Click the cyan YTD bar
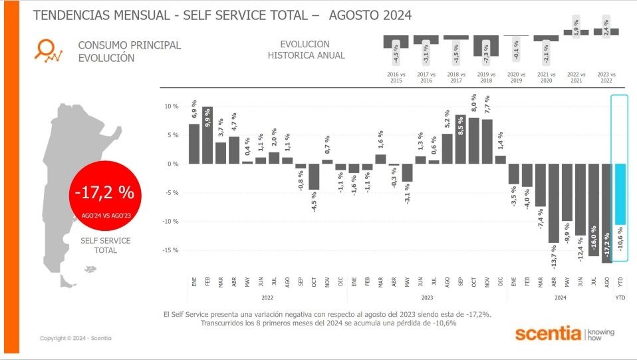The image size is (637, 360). pyautogui.click(x=619, y=194)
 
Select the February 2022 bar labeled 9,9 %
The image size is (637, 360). pyautogui.click(x=207, y=135)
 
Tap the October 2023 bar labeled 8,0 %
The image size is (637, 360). pyautogui.click(x=474, y=140)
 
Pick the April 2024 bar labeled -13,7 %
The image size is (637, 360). pyautogui.click(x=553, y=203)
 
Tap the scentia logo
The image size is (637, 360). pyautogui.click(x=548, y=333)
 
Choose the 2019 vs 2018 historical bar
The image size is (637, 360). pyautogui.click(x=486, y=46)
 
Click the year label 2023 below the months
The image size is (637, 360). pyautogui.click(x=427, y=297)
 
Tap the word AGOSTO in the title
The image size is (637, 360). pyautogui.click(x=354, y=15)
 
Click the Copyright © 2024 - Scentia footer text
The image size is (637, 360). pyautogui.click(x=75, y=338)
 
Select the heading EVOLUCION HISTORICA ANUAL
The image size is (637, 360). pyautogui.click(x=307, y=50)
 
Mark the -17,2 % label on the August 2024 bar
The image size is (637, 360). pyautogui.click(x=606, y=246)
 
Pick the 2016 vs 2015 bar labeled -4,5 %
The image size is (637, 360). pyautogui.click(x=396, y=42)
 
